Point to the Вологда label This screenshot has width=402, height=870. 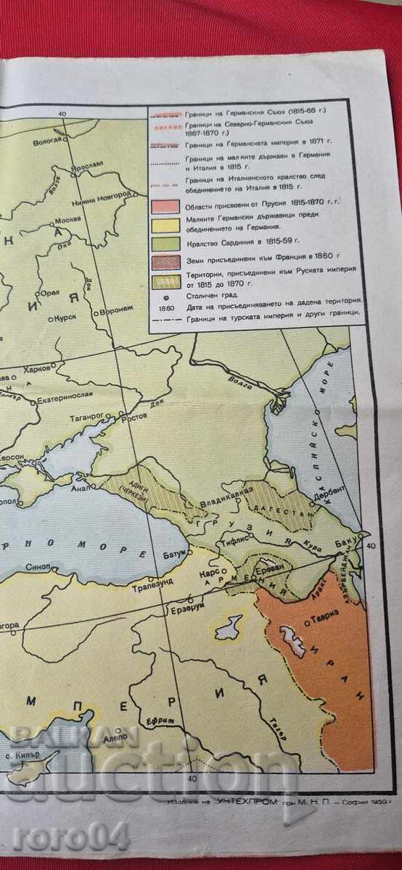48,141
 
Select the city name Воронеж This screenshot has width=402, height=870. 115,308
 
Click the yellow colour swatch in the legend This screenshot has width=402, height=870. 165,225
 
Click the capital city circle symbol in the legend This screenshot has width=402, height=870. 166,297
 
